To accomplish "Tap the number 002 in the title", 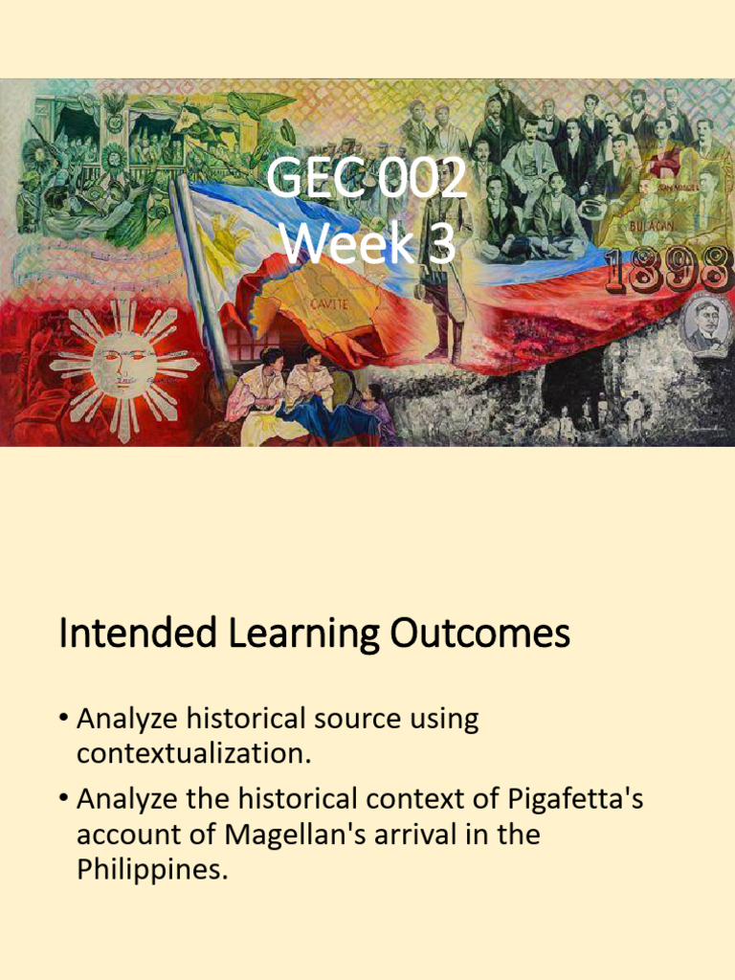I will click(x=418, y=179).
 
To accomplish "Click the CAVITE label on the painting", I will click(x=328, y=303).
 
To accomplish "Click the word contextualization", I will click(x=194, y=753).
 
